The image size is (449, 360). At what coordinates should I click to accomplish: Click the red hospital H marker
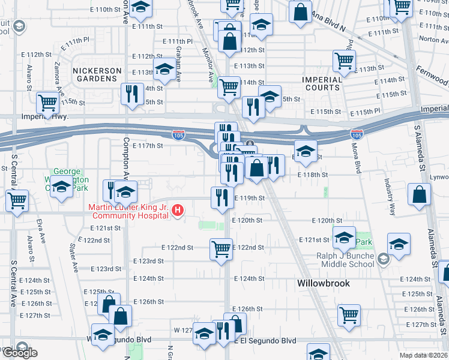pos(178,210)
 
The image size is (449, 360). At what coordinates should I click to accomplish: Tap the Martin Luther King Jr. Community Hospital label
pos(128,212)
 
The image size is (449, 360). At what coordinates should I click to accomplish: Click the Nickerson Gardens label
pos(94,74)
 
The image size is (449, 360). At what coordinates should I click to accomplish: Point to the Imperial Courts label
pos(322,83)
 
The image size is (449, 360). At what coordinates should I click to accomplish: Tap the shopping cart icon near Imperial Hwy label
pos(47,102)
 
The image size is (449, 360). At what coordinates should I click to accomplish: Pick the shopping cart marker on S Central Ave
pos(17,200)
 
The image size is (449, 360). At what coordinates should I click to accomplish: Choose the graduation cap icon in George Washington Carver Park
pos(61,187)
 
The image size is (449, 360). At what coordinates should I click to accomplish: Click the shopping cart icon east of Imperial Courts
pos(345,60)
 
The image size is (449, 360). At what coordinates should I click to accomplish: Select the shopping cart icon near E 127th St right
pos(349,315)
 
